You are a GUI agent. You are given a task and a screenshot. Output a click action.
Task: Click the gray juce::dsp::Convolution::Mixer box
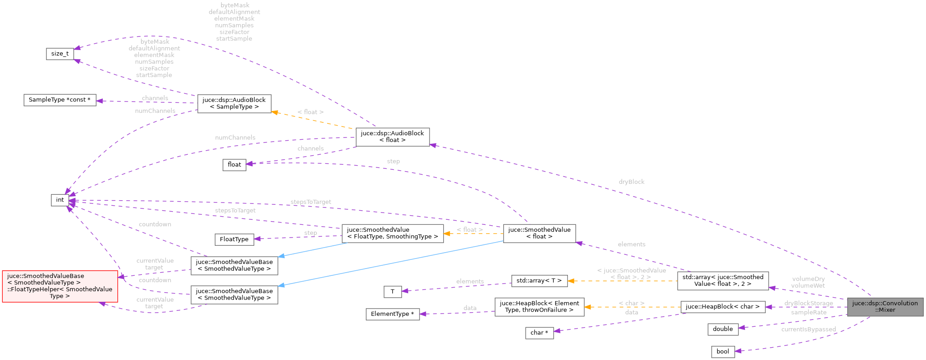[885, 307]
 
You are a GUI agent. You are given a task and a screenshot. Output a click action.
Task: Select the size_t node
[60, 54]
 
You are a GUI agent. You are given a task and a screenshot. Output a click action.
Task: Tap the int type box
[60, 200]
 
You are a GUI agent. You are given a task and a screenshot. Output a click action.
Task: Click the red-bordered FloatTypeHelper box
[60, 286]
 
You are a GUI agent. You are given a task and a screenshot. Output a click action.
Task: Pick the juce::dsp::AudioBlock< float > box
[392, 137]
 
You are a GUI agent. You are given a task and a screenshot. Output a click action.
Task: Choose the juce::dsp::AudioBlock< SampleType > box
[234, 103]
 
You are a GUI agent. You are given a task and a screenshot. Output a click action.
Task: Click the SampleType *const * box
[60, 100]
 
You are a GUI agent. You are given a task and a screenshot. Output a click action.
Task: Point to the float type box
[234, 164]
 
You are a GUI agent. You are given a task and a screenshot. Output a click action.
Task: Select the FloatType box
[234, 239]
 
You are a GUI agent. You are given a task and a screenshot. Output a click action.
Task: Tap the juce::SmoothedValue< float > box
[539, 233]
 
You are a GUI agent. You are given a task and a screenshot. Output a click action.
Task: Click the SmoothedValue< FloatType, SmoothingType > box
[392, 233]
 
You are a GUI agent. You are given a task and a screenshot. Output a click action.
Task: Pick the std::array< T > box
[539, 280]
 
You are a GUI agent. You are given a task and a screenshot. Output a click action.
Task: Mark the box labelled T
[392, 292]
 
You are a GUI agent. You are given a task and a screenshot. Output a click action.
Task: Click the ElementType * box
[392, 314]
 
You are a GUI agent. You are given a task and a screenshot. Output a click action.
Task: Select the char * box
[539, 333]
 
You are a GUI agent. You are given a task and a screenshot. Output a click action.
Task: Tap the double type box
[723, 329]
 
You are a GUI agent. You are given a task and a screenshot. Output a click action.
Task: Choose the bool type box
[723, 351]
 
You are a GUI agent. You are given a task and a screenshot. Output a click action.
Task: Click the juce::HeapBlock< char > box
[723, 307]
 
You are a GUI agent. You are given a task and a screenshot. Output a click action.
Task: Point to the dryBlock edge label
[632, 182]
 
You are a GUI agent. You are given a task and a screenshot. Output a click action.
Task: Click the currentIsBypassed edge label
[808, 329]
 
